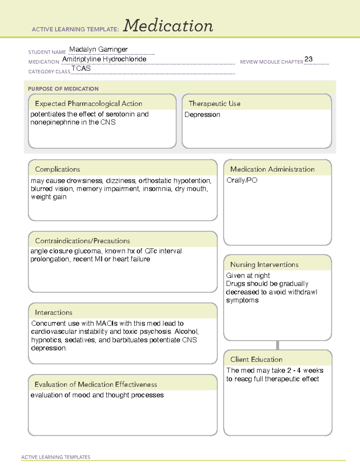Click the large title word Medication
coord(168,26)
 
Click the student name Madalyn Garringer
coord(98,49)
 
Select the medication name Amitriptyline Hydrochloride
coord(104,59)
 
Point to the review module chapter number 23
coord(308,59)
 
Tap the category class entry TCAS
coord(81,68)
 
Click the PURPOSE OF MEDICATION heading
coord(63,89)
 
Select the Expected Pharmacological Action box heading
coord(88,104)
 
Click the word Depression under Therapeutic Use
coord(202,115)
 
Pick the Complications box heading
coord(58,169)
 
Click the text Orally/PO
coord(242,180)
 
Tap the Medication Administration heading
coord(272,169)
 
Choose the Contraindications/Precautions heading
coord(82,241)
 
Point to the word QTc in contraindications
coord(151,251)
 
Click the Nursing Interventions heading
coord(264,265)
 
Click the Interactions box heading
coord(54,313)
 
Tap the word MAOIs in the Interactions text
coord(107,323)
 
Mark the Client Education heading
coord(256,359)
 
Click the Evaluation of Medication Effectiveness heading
coord(96,384)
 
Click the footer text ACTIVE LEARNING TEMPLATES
coord(56,457)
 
